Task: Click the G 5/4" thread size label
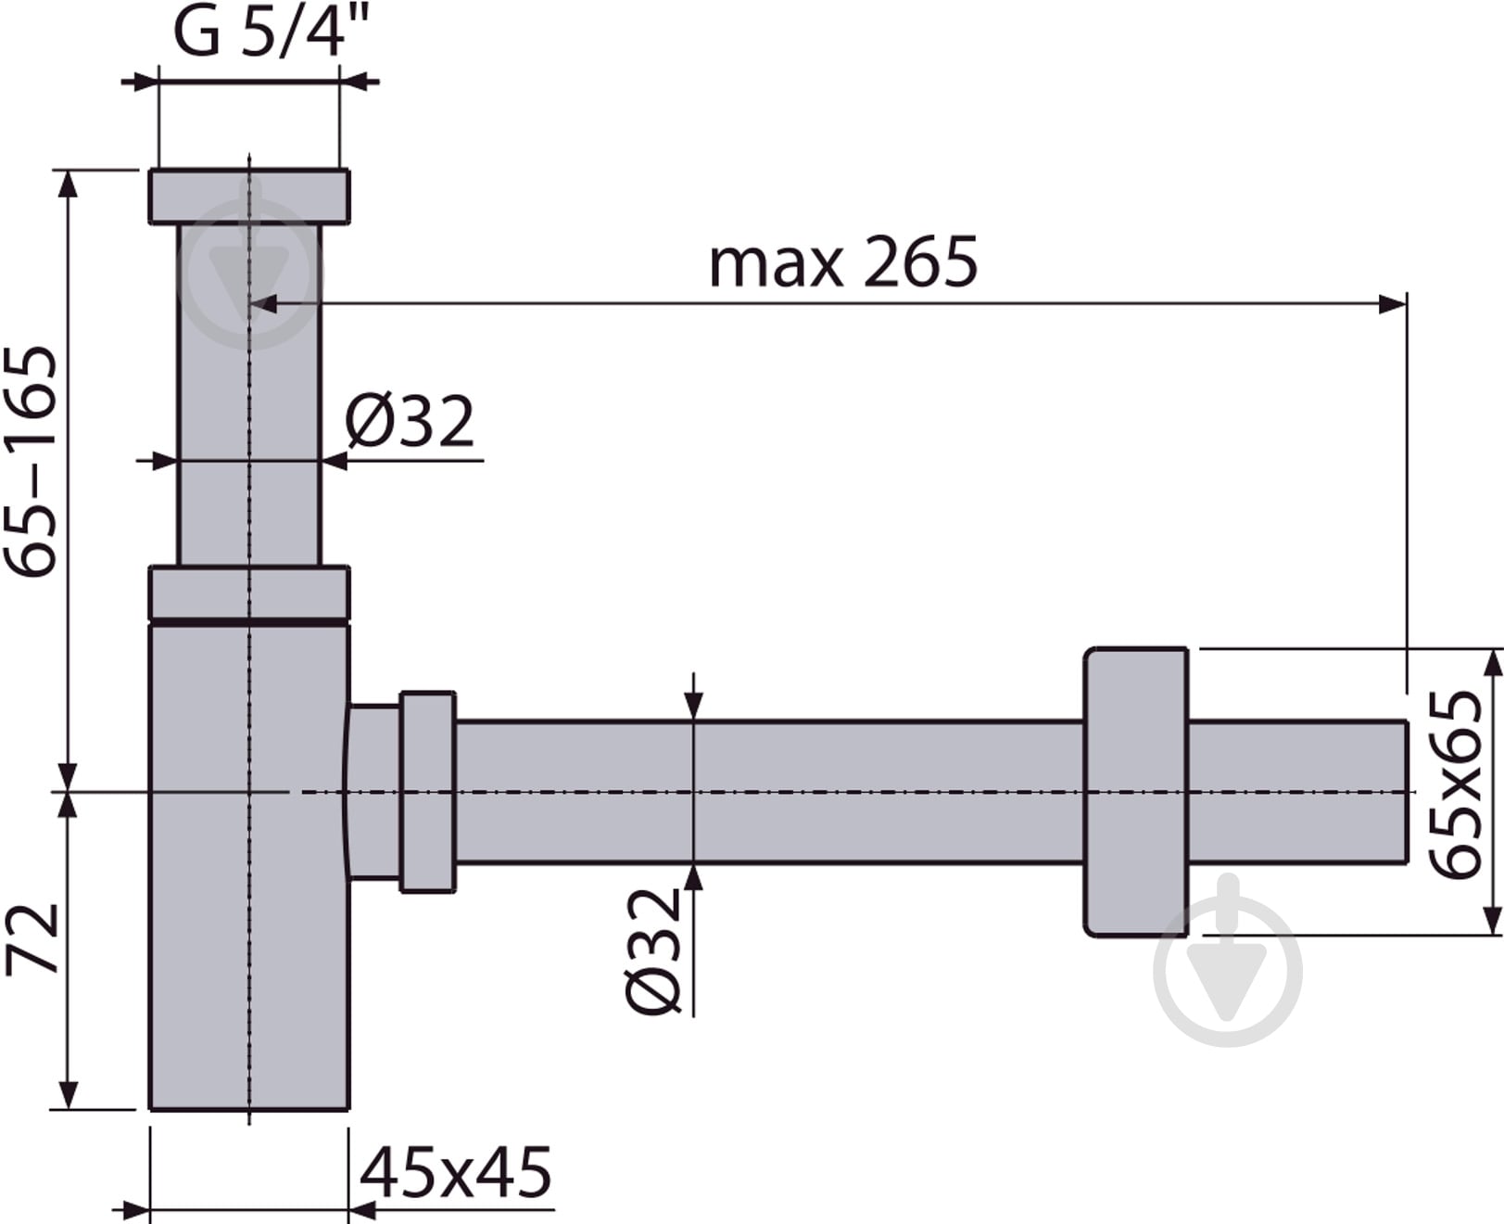pos(262,32)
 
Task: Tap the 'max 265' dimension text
pos(843,262)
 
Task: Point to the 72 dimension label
pos(32,939)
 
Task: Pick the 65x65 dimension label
pos(1455,785)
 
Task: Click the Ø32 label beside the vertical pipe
pos(410,422)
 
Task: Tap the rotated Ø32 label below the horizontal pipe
pos(653,951)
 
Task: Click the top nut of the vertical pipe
pos(249,198)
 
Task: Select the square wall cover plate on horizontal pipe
pos(1136,792)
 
